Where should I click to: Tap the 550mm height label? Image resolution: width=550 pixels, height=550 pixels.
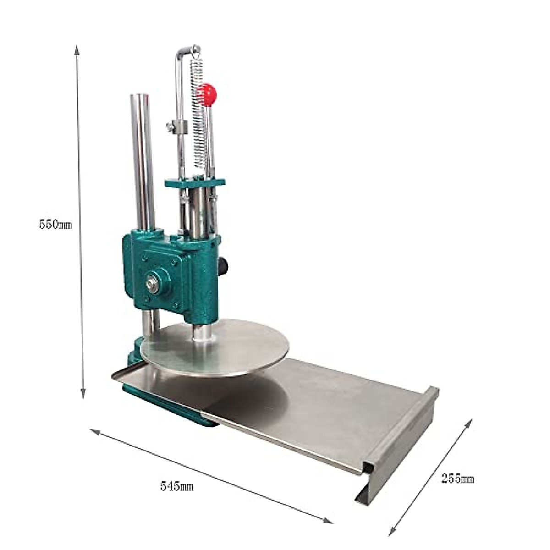55,225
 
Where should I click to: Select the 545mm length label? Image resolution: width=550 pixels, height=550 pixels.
176,486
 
